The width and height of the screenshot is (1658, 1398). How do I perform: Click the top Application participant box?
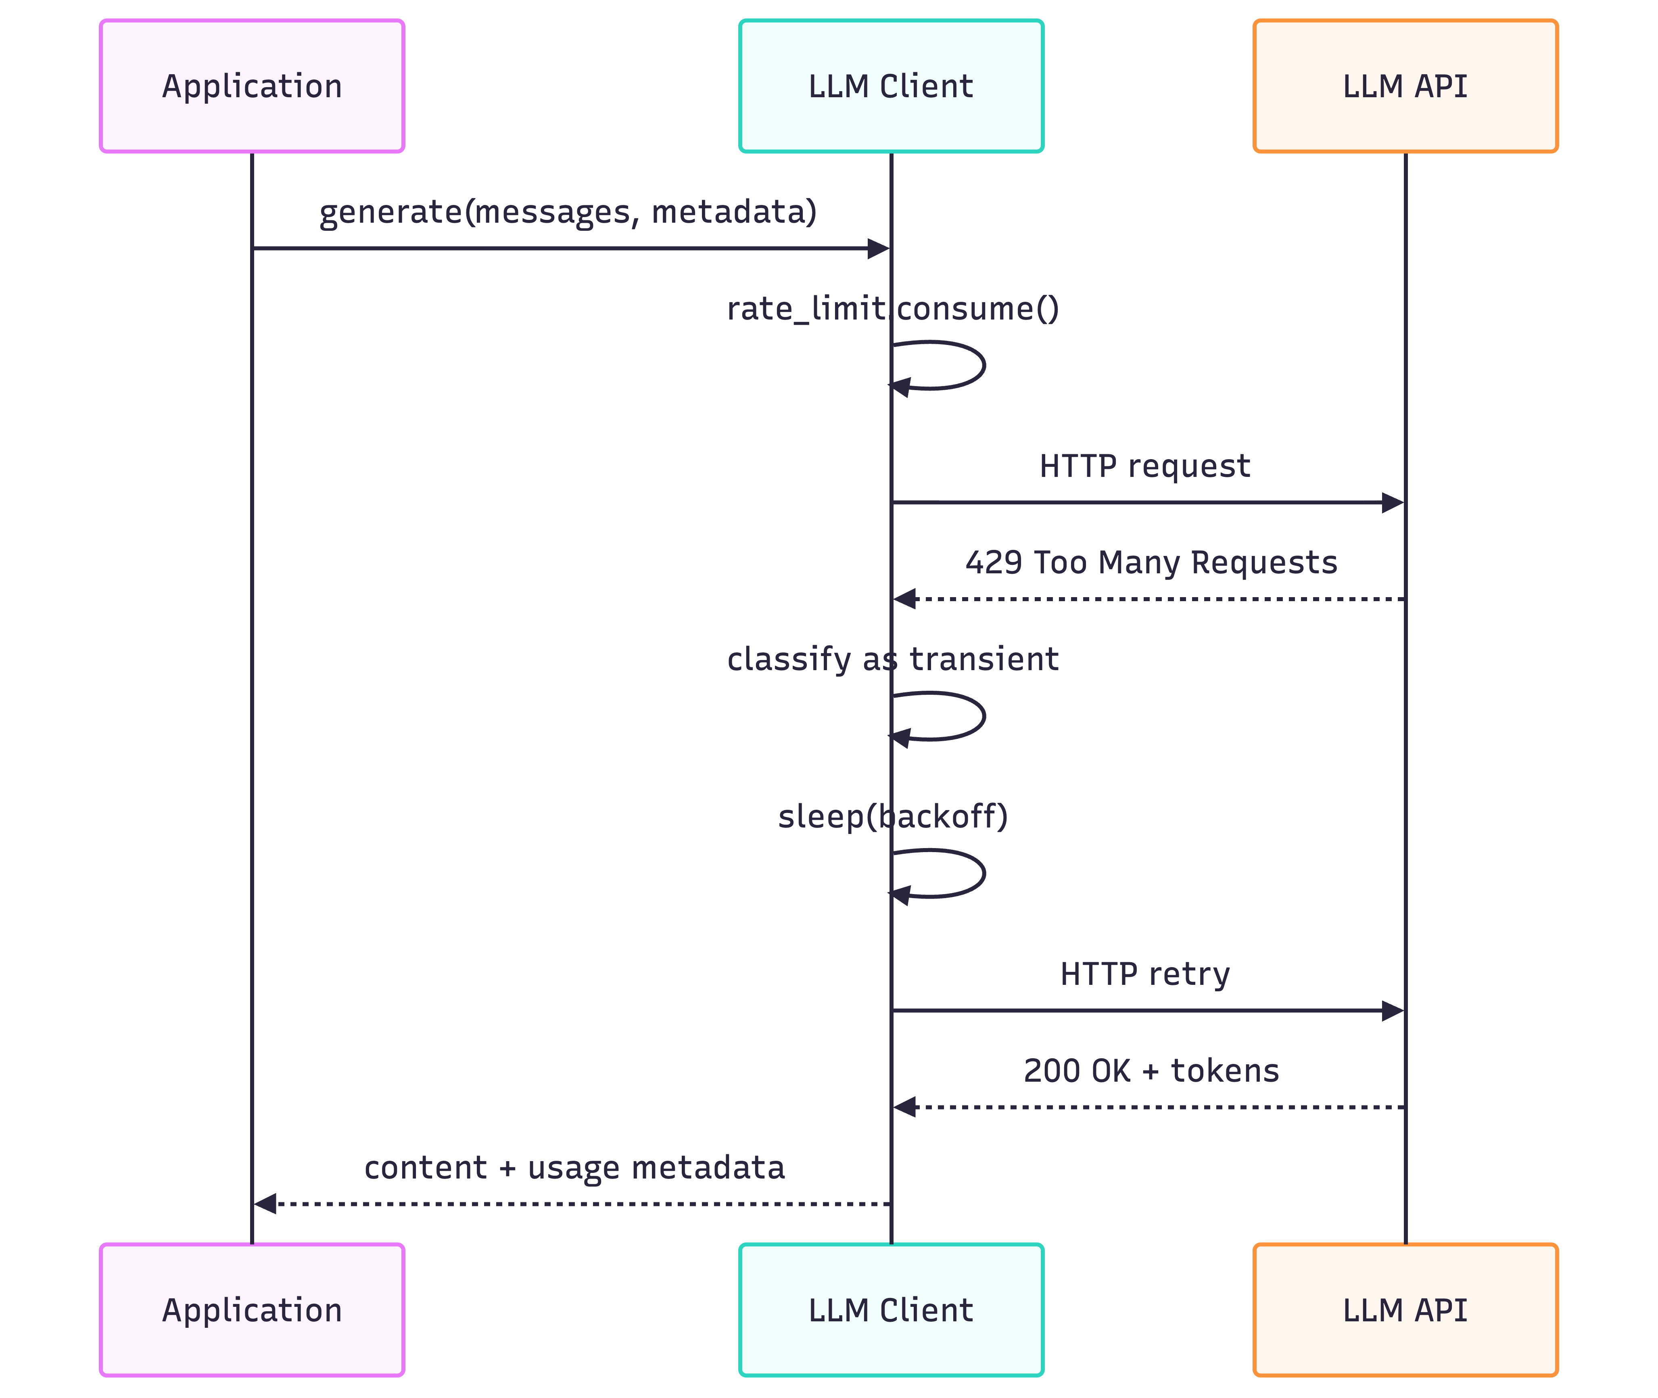coord(252,86)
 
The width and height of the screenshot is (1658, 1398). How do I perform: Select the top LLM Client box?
coord(891,86)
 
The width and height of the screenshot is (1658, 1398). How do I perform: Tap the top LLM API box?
coord(1405,86)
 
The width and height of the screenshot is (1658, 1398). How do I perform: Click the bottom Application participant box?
coord(252,1310)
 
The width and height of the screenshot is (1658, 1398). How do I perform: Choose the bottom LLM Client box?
coord(891,1310)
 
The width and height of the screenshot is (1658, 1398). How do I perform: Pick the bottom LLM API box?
coord(1405,1310)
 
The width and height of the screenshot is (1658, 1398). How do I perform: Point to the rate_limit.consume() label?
coord(892,308)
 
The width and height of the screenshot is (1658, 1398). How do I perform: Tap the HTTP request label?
coord(1144,466)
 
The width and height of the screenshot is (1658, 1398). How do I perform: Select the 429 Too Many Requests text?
coord(1151,563)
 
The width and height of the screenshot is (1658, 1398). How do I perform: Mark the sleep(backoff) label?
coord(892,816)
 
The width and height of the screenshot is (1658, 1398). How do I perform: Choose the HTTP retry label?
coord(1144,974)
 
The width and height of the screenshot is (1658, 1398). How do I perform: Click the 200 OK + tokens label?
coord(1151,1071)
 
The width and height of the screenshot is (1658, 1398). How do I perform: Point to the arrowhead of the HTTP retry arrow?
coord(1393,1010)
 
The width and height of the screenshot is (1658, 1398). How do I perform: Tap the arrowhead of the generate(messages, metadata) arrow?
coord(878,249)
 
